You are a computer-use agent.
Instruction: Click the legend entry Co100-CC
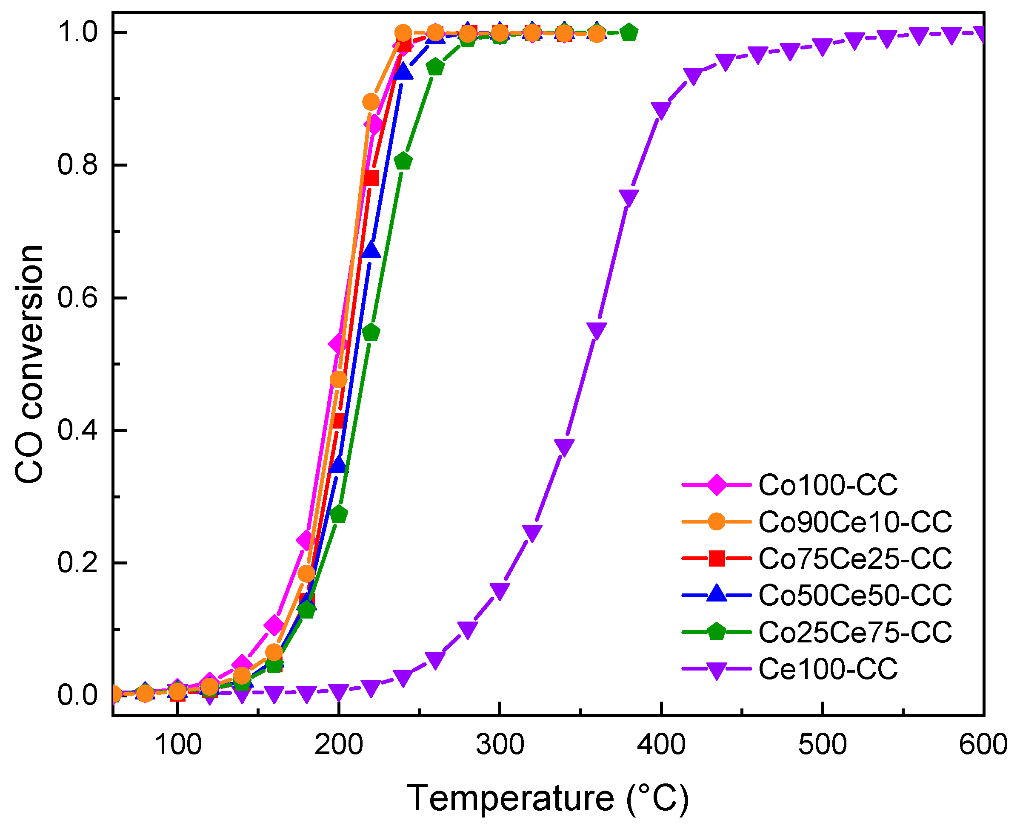(x=828, y=485)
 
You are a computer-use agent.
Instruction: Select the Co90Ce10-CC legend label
(x=855, y=521)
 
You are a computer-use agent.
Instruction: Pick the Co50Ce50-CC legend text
(x=855, y=595)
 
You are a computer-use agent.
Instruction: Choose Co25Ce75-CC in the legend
(x=855, y=632)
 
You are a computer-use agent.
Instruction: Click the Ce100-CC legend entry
(x=828, y=669)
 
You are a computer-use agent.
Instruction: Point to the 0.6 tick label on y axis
(x=77, y=297)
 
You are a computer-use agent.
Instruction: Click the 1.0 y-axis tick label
(x=77, y=32)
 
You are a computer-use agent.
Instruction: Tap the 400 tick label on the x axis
(x=661, y=745)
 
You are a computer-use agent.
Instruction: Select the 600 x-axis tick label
(x=983, y=745)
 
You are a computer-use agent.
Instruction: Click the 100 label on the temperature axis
(x=178, y=745)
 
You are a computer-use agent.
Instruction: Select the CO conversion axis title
(x=30, y=364)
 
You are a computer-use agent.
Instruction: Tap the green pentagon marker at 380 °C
(x=629, y=32)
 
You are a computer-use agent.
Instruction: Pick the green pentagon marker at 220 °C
(x=371, y=332)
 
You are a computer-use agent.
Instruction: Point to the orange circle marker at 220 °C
(x=371, y=102)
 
